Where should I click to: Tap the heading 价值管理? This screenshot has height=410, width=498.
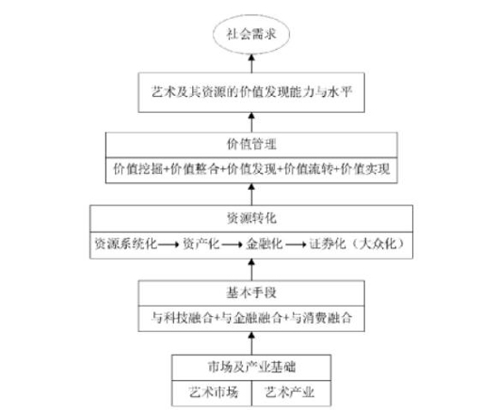click(x=251, y=145)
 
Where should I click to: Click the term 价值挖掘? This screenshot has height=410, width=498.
click(x=139, y=169)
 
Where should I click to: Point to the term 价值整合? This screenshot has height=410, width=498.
click(x=195, y=169)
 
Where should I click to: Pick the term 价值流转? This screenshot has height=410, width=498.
click(x=308, y=169)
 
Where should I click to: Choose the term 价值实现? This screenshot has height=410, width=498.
click(x=365, y=169)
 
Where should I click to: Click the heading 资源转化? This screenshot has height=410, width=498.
click(x=251, y=218)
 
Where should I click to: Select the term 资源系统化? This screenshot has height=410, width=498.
click(x=126, y=243)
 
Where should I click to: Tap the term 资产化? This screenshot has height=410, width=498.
click(x=201, y=243)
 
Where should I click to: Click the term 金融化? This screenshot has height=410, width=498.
click(x=263, y=243)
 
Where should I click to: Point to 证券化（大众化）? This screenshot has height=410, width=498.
click(x=357, y=243)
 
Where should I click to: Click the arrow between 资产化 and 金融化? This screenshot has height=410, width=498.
click(x=232, y=244)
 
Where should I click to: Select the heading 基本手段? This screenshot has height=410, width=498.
click(x=251, y=293)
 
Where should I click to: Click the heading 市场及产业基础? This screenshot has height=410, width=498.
click(x=251, y=367)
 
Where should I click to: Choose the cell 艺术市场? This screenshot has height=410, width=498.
click(x=212, y=393)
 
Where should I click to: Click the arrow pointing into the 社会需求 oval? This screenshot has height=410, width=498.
click(x=252, y=63)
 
